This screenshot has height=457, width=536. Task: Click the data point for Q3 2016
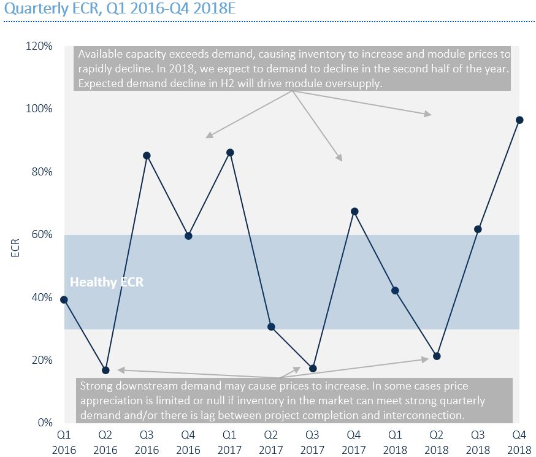[x=147, y=155]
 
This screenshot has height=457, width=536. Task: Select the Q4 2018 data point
[x=519, y=120]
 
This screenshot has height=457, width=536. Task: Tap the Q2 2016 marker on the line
[x=105, y=370]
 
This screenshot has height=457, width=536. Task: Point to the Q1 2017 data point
[x=230, y=152]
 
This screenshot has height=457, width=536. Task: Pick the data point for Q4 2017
[x=354, y=211]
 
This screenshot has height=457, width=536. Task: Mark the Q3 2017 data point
[x=313, y=368]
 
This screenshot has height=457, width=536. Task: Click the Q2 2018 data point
[x=437, y=356]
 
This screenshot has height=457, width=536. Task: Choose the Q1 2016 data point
[x=64, y=299]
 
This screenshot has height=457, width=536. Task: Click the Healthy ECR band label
[x=107, y=282]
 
